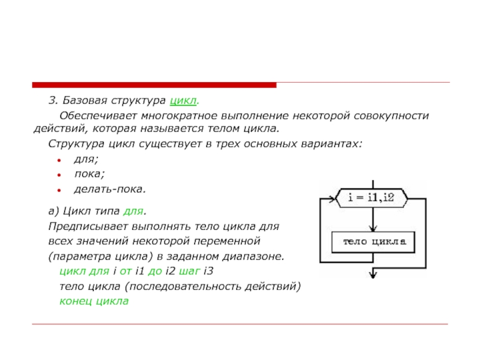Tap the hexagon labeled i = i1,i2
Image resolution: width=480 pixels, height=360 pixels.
point(371,197)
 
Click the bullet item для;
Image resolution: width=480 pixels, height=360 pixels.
point(86,160)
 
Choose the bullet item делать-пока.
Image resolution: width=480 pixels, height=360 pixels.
point(110,189)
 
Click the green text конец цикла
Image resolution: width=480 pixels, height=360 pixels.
point(94,301)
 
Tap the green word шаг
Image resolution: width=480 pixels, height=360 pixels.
point(191,271)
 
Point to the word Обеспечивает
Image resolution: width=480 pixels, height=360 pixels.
point(97,115)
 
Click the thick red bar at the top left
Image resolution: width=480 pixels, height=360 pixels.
point(154,85)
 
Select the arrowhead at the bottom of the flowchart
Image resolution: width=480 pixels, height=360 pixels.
point(373,274)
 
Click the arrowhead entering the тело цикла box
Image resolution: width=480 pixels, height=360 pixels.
point(373,229)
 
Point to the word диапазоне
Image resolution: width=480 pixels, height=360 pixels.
point(256,256)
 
